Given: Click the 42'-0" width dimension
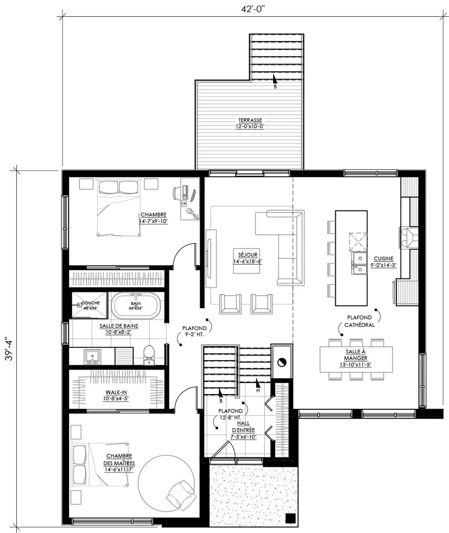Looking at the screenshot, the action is [x=253, y=9].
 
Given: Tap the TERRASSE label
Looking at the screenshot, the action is [x=250, y=120].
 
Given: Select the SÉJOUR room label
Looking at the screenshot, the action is [x=248, y=255].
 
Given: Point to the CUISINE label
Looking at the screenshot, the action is [x=384, y=259].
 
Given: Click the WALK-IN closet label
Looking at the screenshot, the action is [x=116, y=392].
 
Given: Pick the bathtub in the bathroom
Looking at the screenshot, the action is [x=136, y=306].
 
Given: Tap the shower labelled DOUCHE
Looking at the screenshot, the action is [x=90, y=305].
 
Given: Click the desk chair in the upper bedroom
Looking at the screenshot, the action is [x=177, y=193].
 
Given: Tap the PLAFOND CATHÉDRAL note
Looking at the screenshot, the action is [x=359, y=321].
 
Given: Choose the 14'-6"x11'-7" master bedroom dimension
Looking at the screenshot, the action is [x=118, y=470].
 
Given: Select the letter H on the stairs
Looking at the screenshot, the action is [x=258, y=390].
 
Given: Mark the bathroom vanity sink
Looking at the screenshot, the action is [x=92, y=356].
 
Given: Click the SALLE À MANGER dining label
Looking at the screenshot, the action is [x=356, y=355].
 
